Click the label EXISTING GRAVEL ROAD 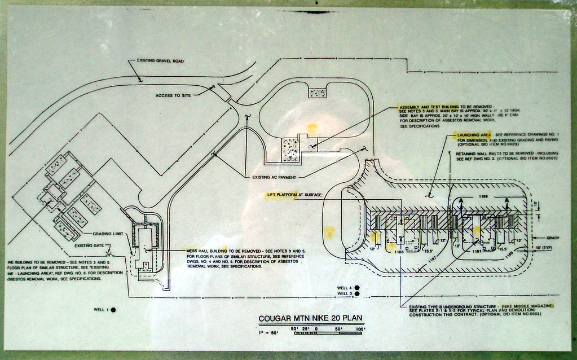161,61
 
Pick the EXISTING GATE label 91,245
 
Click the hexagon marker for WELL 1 113,309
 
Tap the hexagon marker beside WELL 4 357,287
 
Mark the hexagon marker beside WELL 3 357,293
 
